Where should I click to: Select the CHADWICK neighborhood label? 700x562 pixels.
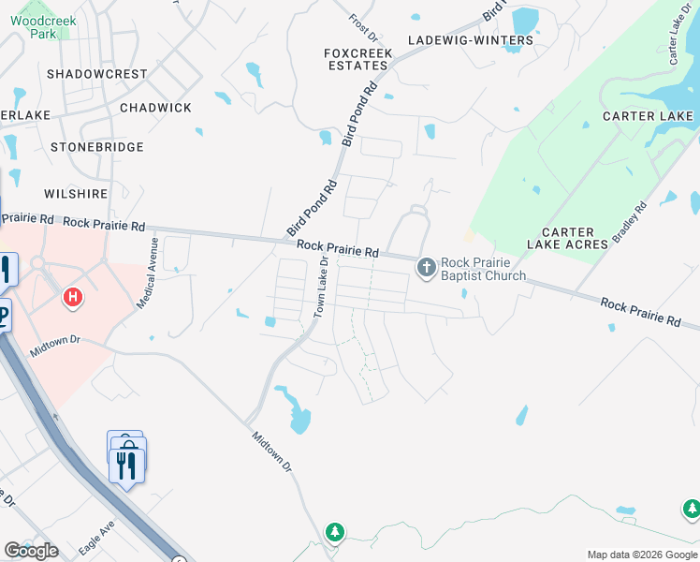tap(155, 108)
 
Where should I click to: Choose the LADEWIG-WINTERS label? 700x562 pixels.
tap(471, 40)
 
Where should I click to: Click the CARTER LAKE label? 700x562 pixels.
tap(648, 116)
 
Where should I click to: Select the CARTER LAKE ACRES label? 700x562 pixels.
tap(568, 238)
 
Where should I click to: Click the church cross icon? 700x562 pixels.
tap(426, 269)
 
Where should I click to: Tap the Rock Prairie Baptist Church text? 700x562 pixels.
tap(483, 269)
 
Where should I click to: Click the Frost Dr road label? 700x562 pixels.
tap(361, 21)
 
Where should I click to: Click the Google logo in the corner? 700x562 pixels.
tap(31, 551)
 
